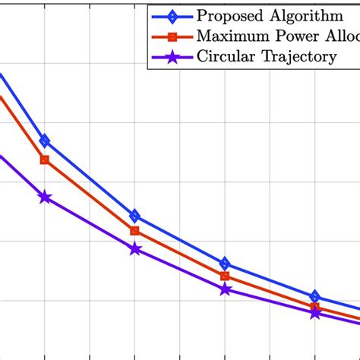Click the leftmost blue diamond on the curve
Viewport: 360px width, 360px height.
click(45, 141)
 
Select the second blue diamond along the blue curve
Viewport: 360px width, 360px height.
click(134, 216)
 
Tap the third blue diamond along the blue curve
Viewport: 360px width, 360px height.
click(225, 263)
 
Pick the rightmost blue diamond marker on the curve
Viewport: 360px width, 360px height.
click(315, 296)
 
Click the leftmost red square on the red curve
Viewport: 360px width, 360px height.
click(45, 159)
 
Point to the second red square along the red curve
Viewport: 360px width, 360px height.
click(134, 231)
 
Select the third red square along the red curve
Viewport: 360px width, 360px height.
click(225, 276)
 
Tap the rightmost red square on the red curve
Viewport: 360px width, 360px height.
click(315, 307)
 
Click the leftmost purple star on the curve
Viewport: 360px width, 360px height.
click(45, 197)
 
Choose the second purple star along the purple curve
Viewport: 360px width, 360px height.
click(134, 249)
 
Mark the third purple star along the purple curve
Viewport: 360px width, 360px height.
click(225, 289)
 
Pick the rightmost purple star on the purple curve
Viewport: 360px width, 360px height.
click(315, 313)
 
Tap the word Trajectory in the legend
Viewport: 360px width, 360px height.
click(297, 57)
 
